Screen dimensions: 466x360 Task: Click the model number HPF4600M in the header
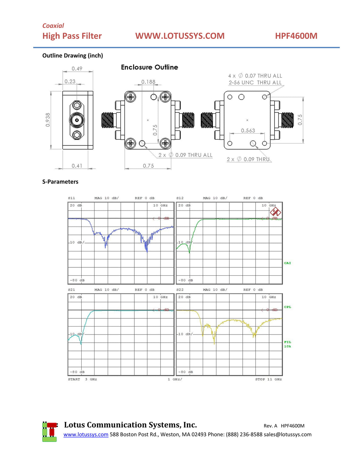296,36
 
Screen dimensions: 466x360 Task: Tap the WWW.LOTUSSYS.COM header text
180,36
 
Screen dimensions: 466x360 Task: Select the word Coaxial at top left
53,26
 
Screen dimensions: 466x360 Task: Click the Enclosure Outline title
149,67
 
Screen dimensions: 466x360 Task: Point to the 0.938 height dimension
48,120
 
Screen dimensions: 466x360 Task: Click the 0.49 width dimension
77,69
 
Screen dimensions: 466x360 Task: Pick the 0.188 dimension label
148,82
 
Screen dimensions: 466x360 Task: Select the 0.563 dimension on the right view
248,131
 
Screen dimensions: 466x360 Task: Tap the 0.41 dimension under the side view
77,166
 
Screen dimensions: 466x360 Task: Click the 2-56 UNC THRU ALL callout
255,83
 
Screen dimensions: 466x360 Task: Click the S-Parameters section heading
60,182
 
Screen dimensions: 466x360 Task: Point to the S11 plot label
71,198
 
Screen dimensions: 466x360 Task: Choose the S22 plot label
180,290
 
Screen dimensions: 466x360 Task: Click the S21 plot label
71,290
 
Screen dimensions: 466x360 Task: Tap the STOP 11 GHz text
268,379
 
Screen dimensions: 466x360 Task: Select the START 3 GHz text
82,379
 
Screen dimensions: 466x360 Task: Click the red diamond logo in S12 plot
275,212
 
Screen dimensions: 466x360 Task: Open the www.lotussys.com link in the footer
86,434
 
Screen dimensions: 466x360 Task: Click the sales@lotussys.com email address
287,434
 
